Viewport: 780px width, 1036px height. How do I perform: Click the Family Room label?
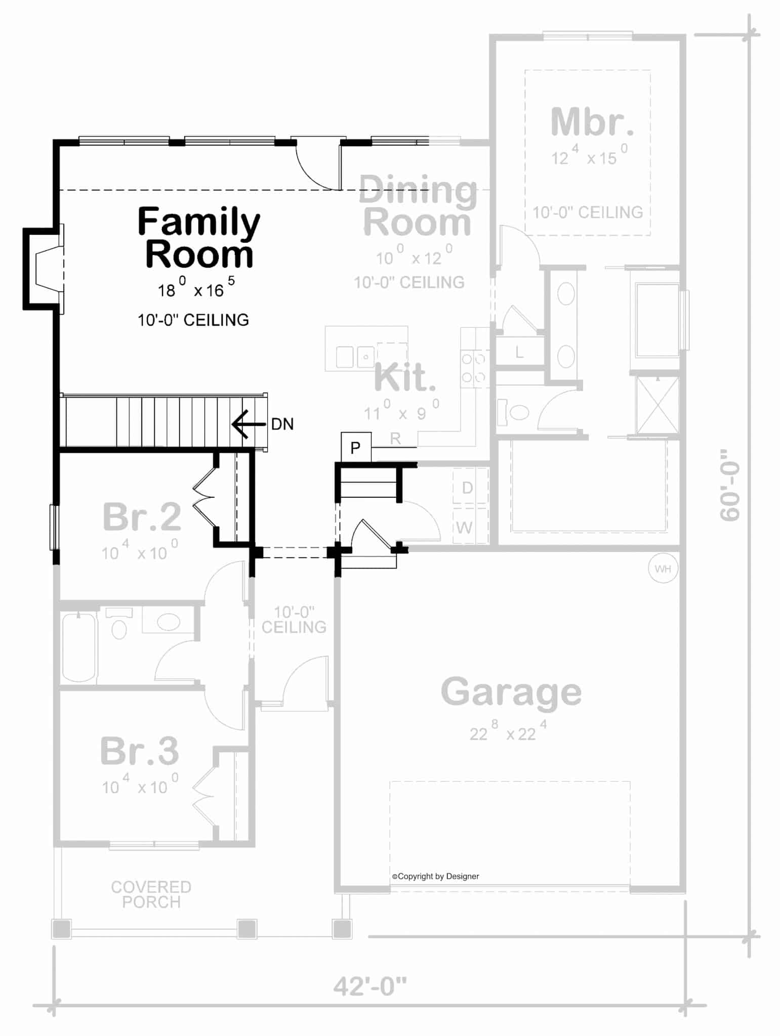(x=198, y=238)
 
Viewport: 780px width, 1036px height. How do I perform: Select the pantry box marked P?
(x=356, y=447)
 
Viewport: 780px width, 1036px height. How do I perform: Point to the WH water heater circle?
(x=663, y=569)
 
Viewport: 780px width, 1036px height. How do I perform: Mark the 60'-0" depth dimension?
(x=730, y=485)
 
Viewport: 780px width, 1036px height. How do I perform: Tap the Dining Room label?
(x=418, y=206)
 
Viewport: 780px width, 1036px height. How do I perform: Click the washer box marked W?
(x=465, y=528)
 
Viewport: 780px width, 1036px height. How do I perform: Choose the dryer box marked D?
(x=467, y=488)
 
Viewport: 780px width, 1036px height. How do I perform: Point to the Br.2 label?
(x=142, y=517)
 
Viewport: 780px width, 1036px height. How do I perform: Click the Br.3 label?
(x=140, y=751)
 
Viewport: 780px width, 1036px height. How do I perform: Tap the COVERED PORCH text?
(x=151, y=894)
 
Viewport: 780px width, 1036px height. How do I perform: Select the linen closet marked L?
(x=519, y=352)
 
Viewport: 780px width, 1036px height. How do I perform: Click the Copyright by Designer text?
(x=435, y=877)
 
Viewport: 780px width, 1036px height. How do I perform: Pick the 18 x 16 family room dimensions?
(x=196, y=289)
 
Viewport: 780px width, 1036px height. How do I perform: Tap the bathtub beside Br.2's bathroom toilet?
(x=79, y=647)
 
